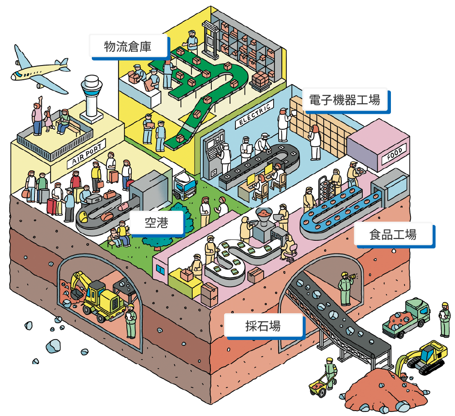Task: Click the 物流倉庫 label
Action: [x=128, y=46]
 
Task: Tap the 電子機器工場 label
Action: [x=345, y=100]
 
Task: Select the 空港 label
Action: [x=157, y=223]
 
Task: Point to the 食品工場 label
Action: [x=393, y=235]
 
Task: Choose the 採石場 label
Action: [x=264, y=326]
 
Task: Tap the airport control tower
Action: [x=91, y=99]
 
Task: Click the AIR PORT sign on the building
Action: [x=86, y=153]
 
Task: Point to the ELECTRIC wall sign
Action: [x=255, y=114]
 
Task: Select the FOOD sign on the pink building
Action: [x=394, y=154]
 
